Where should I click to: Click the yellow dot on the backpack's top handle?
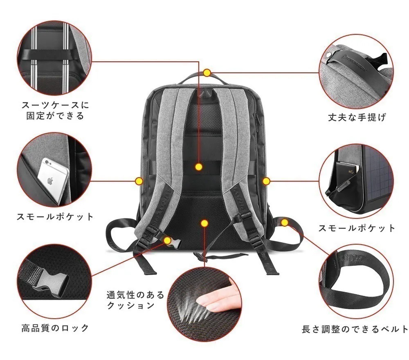207,73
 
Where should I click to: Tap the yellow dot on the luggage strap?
199,167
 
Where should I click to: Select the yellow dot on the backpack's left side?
139,180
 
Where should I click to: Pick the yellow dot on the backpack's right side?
266,180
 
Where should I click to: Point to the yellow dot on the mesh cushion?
204,223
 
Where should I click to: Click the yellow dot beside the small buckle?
168,240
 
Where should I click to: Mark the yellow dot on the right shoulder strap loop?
285,222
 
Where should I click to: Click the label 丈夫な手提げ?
357,118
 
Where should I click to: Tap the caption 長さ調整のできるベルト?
355,328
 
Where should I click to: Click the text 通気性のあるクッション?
135,300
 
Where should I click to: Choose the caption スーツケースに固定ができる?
55,110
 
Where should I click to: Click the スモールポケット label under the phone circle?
55,216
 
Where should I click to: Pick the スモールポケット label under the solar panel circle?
357,228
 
